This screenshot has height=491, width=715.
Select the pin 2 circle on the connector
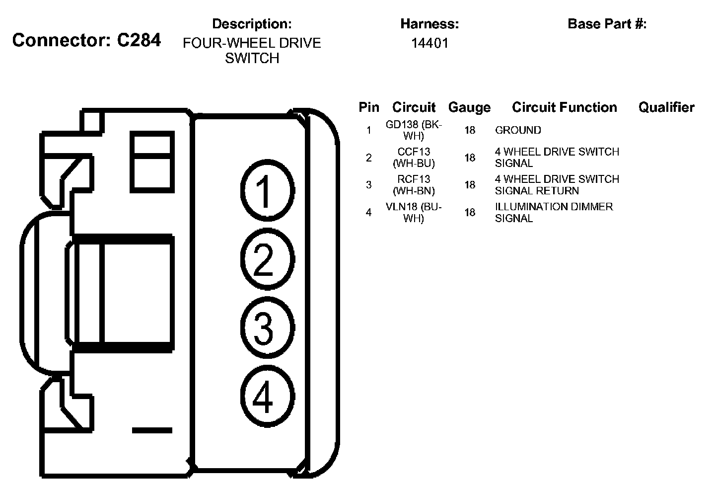click(267, 259)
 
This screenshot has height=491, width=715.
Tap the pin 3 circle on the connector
click(267, 328)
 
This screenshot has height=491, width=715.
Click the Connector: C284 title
click(86, 40)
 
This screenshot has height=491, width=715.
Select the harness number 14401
click(429, 43)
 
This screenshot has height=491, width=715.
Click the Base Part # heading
click(607, 24)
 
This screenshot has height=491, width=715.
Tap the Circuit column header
click(414, 107)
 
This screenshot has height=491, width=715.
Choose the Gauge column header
click(469, 107)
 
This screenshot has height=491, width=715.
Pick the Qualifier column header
click(666, 107)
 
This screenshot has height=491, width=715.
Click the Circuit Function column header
click(564, 107)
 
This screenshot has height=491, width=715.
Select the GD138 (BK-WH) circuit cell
click(414, 130)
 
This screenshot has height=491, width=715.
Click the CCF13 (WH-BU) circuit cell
click(414, 158)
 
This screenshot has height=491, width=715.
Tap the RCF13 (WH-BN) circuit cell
click(414, 185)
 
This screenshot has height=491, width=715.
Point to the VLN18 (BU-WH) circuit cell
click(414, 212)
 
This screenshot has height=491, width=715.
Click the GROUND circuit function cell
click(518, 130)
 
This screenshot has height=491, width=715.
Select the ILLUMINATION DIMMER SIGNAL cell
click(554, 212)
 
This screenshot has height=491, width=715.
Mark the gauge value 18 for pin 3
click(470, 185)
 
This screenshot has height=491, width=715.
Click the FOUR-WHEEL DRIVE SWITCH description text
click(252, 50)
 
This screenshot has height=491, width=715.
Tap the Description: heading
click(252, 24)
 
